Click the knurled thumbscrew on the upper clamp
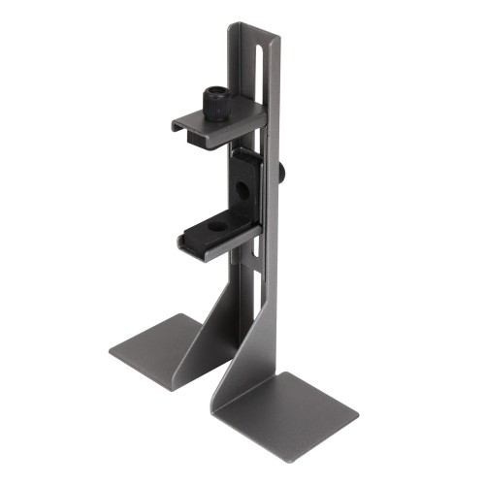point(214,101)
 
